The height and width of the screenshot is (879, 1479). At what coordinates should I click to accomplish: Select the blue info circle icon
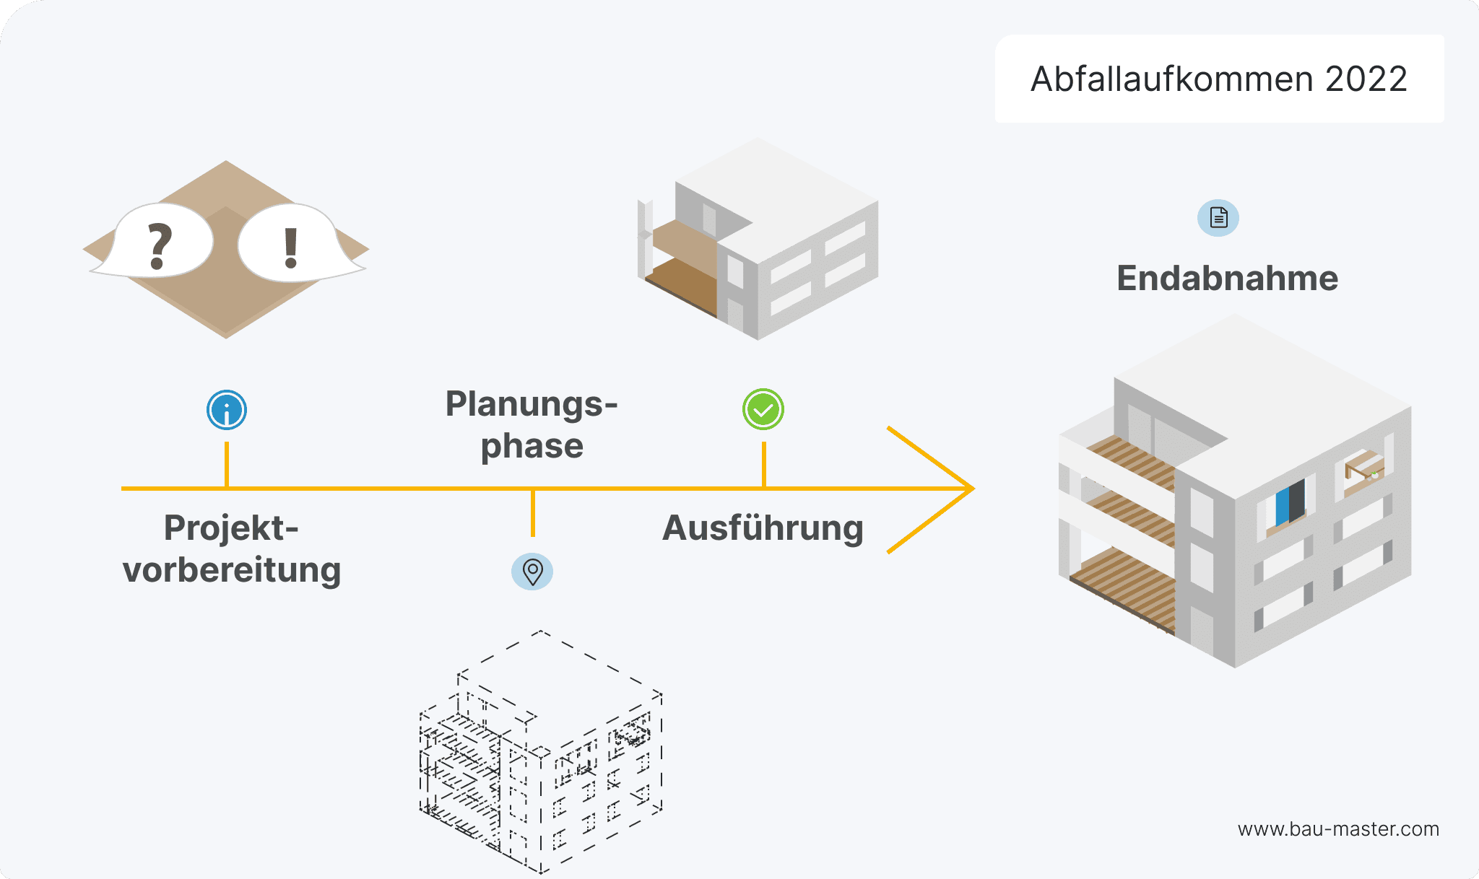click(227, 410)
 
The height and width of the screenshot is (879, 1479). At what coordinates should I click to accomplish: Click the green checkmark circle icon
click(763, 410)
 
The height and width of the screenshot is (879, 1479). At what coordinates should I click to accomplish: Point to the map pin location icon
click(532, 572)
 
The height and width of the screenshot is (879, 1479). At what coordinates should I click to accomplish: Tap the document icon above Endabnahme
click(1218, 217)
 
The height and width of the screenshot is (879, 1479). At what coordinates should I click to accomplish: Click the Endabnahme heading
click(1227, 279)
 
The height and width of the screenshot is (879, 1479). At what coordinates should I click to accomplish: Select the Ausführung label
click(763, 528)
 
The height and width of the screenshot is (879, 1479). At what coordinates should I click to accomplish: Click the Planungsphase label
click(532, 424)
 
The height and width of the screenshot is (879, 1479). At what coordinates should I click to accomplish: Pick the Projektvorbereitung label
click(231, 548)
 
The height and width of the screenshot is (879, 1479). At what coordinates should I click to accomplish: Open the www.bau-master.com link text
click(1338, 829)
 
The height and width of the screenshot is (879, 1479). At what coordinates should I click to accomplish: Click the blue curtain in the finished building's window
click(1283, 507)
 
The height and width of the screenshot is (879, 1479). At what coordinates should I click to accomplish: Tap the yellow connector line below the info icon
click(227, 463)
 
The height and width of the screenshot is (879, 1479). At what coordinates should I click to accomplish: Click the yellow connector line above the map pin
click(533, 513)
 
